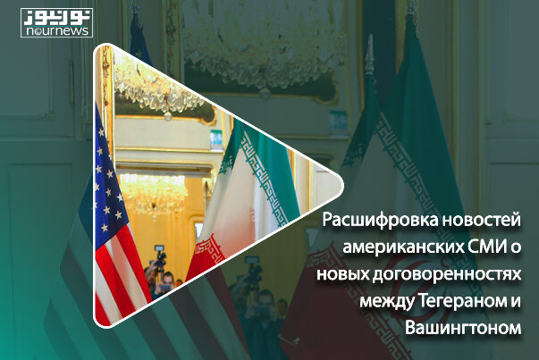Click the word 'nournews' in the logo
click(x=56, y=31)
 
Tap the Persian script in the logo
click(x=56, y=18)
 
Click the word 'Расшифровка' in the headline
click(x=380, y=221)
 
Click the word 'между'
click(x=387, y=302)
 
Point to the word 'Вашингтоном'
click(x=463, y=328)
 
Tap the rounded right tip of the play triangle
click(x=341, y=186)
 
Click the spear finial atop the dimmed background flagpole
click(x=370, y=55)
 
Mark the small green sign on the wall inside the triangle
click(x=216, y=140)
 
